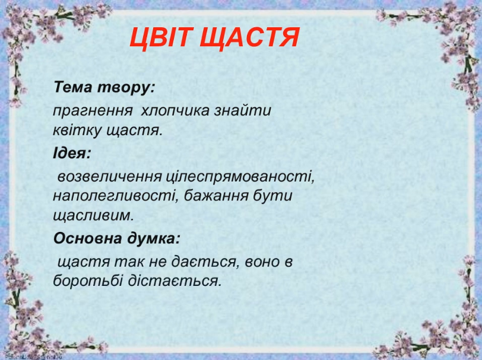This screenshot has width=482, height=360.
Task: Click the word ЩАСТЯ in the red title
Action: pos(249,38)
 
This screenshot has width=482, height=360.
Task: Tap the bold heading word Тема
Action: pos(73,87)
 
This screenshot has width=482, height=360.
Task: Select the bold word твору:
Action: pos(126,88)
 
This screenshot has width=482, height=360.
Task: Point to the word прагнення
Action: pos(93,111)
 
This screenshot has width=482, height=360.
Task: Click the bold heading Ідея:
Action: pos(72,153)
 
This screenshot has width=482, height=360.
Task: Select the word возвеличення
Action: pos(109,177)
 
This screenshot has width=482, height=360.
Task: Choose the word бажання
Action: pos(216,196)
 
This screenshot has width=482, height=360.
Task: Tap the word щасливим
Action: pos(94,216)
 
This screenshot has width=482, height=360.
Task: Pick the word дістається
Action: pos(175,281)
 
